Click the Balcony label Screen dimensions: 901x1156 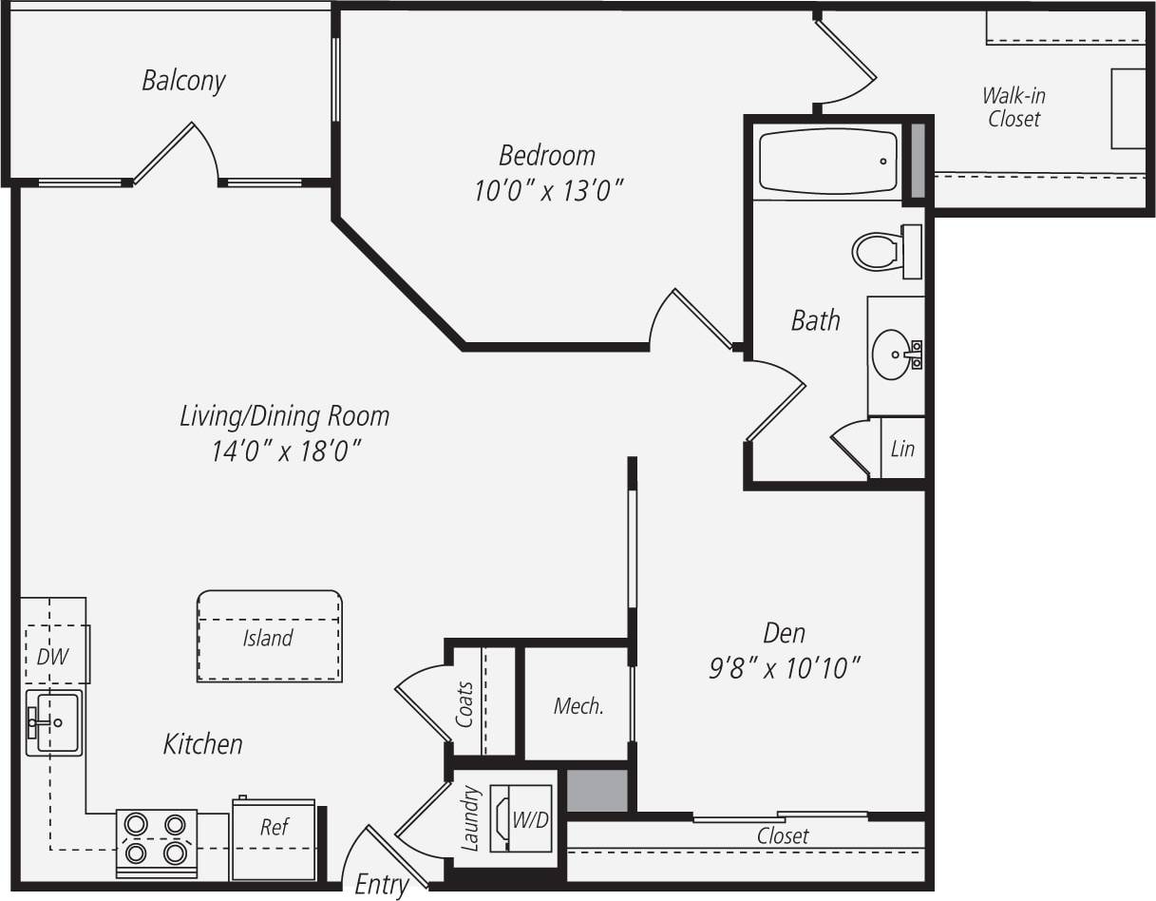pyautogui.click(x=183, y=81)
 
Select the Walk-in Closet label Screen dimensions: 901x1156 pyautogui.click(x=1014, y=107)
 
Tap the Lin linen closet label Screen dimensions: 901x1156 pyautogui.click(x=902, y=448)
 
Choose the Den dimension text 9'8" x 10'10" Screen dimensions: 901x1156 pyautogui.click(x=785, y=668)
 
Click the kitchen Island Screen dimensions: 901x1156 pyautogui.click(x=269, y=638)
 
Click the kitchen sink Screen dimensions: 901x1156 pyautogui.click(x=54, y=722)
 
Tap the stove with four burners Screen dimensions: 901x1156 pyautogui.click(x=156, y=838)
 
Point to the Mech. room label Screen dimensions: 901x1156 pyautogui.click(x=578, y=706)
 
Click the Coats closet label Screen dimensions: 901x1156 pyautogui.click(x=465, y=704)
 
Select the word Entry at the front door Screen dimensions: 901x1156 pyautogui.click(x=381, y=885)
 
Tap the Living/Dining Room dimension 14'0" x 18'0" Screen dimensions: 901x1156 pyautogui.click(x=286, y=450)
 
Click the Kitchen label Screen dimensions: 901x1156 pyautogui.click(x=202, y=744)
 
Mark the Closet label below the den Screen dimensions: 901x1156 pyautogui.click(x=783, y=836)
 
